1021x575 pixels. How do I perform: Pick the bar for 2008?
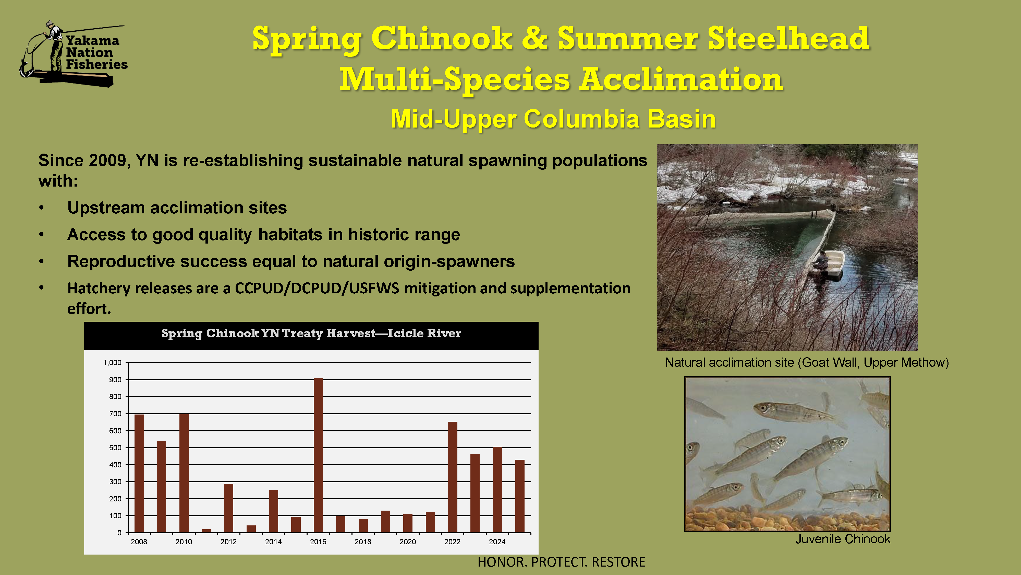pos(139,473)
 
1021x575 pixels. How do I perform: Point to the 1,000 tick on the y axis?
pos(112,363)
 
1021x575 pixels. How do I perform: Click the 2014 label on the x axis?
pos(273,542)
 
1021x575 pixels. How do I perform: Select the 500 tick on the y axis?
pos(115,448)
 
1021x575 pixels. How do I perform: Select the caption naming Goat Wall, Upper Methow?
pos(807,362)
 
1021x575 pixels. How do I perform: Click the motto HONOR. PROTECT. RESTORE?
pos(561,562)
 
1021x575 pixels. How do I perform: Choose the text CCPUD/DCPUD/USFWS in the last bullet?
pos(317,288)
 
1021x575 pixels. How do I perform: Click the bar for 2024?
pos(497,490)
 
